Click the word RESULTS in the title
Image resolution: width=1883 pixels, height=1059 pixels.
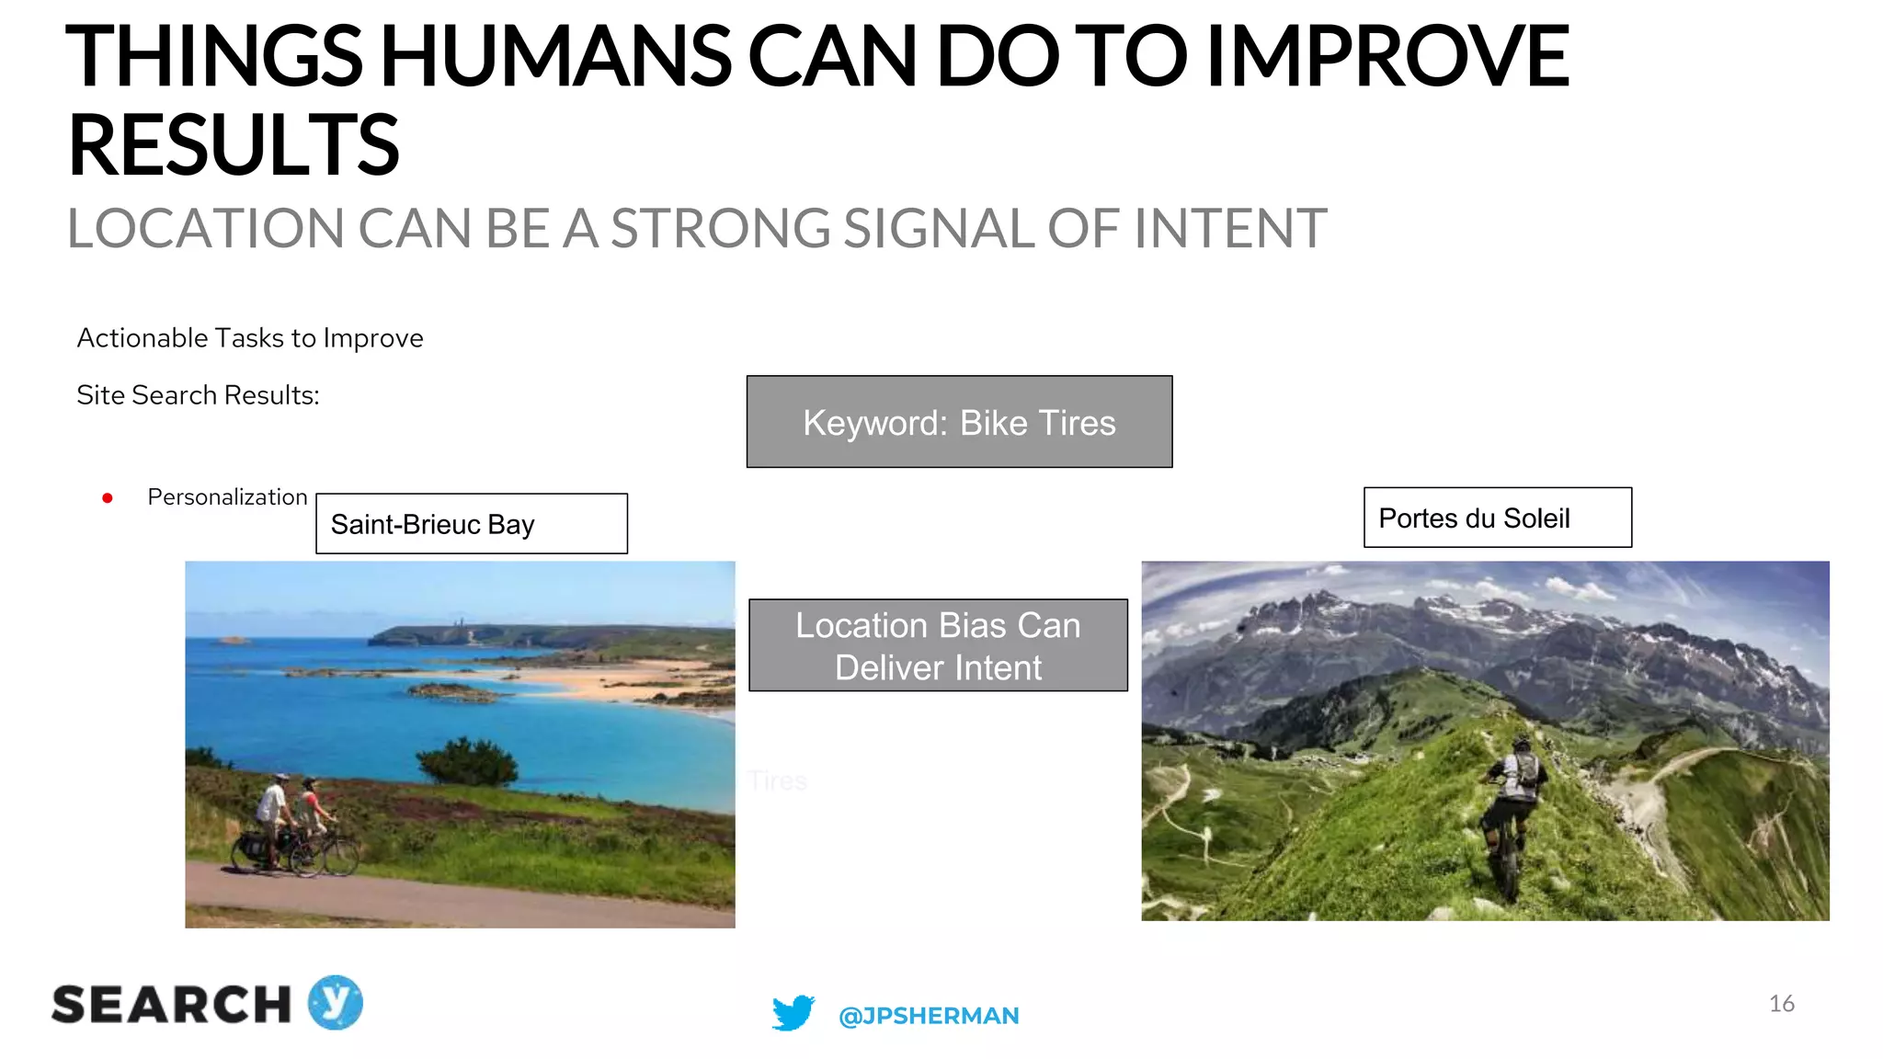[234, 145]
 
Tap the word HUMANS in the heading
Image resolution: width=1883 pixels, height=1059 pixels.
[555, 57]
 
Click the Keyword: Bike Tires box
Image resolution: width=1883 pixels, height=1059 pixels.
[959, 422]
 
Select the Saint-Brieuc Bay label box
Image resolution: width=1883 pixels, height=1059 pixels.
[471, 524]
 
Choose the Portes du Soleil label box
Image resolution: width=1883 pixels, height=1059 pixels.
[1497, 518]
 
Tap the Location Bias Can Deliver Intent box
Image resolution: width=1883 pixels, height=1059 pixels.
[938, 645]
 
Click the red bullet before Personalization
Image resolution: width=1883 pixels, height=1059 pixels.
[108, 498]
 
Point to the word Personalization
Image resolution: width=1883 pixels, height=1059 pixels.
[227, 497]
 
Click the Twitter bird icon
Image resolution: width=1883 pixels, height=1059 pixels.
[793, 1012]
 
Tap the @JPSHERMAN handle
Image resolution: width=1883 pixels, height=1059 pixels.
[929, 1016]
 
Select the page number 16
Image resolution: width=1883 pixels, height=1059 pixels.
[1781, 1003]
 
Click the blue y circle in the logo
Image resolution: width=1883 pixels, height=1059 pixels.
[336, 1002]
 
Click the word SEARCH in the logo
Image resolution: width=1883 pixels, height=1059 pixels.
[171, 1005]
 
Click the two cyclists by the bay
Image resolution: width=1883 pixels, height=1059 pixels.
[294, 825]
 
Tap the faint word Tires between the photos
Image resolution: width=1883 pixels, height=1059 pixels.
[777, 781]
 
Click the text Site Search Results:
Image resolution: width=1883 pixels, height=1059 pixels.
[198, 395]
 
